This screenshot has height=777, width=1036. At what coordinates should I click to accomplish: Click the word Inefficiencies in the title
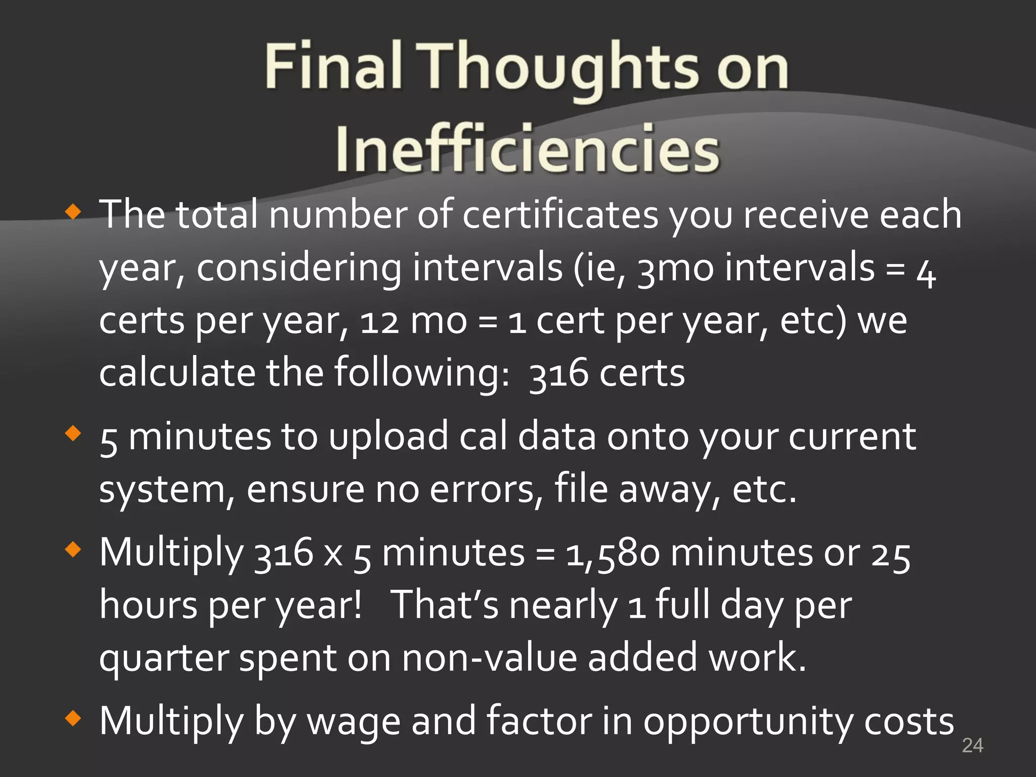[527, 148]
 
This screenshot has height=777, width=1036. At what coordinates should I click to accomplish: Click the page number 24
[972, 745]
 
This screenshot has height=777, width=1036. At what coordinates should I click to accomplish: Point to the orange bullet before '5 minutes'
[73, 433]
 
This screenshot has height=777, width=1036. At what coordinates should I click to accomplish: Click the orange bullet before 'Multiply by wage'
[73, 718]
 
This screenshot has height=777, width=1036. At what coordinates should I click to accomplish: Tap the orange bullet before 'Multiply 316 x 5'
[73, 549]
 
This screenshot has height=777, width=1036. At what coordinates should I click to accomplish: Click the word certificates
[560, 215]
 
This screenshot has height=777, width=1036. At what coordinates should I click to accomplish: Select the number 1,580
[613, 553]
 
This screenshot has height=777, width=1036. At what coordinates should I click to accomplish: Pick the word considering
[298, 268]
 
